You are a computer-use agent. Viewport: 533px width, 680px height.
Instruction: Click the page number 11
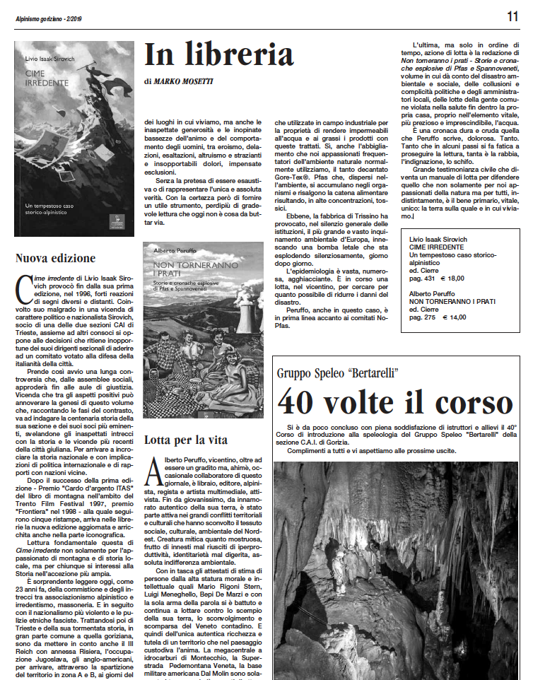coord(512,15)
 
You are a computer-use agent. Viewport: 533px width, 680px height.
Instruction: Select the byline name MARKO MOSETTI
coord(184,81)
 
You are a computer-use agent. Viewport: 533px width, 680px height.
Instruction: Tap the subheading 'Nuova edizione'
coord(55,258)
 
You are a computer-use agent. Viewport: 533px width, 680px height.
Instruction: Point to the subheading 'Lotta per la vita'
coord(185,440)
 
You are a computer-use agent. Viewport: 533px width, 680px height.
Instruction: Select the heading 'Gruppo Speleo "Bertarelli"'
coord(338,373)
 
